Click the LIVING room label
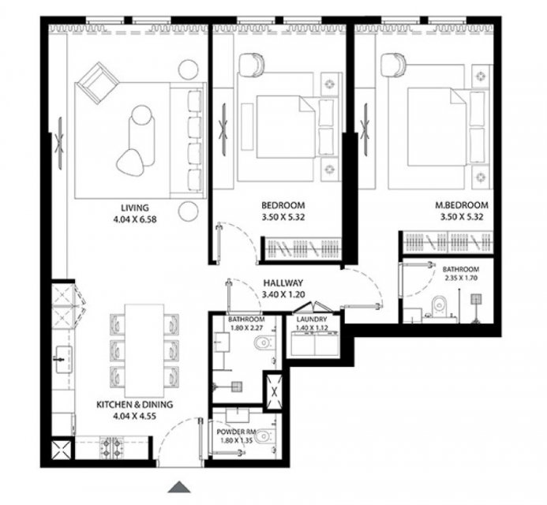tap(135, 208)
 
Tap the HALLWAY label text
tap(283, 282)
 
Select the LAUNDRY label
tap(312, 319)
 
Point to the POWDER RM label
tap(236, 432)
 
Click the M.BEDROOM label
tap(462, 205)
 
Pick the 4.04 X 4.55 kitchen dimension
tap(134, 416)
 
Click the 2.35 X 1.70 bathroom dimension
tap(461, 278)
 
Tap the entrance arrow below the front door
tap(179, 487)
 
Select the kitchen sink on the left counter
tap(63, 358)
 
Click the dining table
tap(144, 350)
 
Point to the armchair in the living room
tap(98, 84)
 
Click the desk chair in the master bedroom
tap(393, 65)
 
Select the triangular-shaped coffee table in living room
tap(131, 161)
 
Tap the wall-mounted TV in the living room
tap(60, 144)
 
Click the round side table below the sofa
tap(189, 211)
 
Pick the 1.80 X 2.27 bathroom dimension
tap(246, 327)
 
